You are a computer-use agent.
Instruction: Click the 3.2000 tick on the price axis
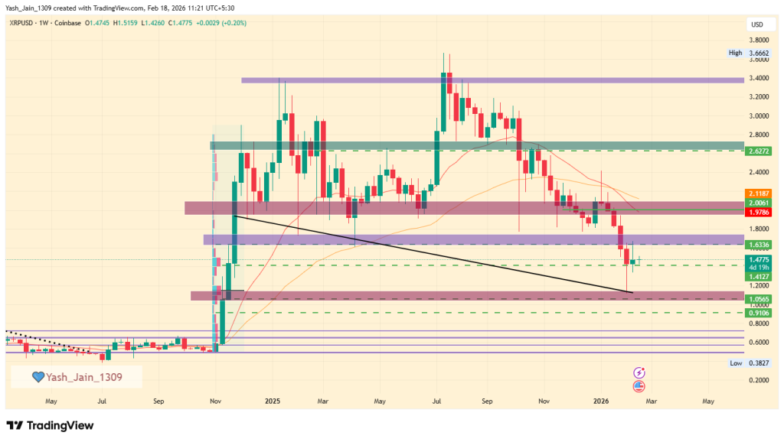pos(757,97)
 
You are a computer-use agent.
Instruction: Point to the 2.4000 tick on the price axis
pos(757,172)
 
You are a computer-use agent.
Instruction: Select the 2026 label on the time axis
pos(601,400)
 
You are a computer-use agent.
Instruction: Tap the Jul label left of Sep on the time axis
pos(102,400)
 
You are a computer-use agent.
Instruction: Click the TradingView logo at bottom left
pos(50,425)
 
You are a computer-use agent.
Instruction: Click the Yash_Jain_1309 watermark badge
pos(76,376)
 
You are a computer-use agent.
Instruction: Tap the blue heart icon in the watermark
pos(37,377)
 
